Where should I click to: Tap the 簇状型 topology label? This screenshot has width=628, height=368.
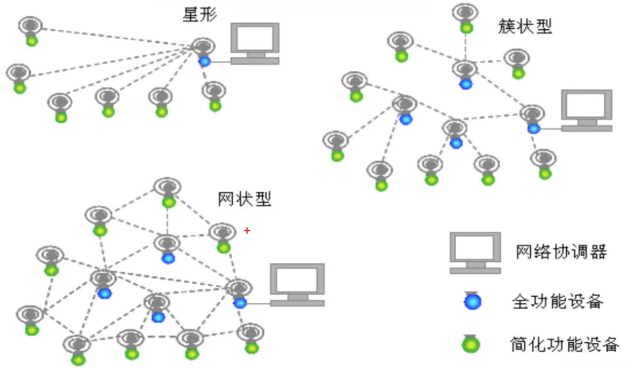[x=525, y=27]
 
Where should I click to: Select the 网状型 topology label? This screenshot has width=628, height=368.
[x=244, y=199]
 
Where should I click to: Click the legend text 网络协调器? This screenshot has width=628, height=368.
[x=561, y=252]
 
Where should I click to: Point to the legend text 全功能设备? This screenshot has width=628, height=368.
[x=557, y=301]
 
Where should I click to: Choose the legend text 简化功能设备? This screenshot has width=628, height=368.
[x=564, y=344]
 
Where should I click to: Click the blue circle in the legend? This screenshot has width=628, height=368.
[x=472, y=301]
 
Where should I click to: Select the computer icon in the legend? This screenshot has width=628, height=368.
[x=475, y=253]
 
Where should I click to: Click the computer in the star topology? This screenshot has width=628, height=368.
[x=255, y=43]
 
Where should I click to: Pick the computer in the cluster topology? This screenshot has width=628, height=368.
[x=587, y=110]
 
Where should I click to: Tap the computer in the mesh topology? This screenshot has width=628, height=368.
[x=297, y=284]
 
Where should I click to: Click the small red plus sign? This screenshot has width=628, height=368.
[x=247, y=231]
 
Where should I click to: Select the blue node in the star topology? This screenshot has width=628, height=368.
[x=204, y=61]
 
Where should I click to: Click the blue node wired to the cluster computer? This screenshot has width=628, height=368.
[x=533, y=129]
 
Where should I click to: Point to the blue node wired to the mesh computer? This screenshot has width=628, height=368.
[x=240, y=303]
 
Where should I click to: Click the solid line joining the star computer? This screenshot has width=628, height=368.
[x=221, y=62]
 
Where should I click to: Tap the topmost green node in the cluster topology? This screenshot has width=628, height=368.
[x=466, y=28]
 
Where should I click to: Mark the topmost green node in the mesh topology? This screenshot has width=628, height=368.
[x=169, y=202]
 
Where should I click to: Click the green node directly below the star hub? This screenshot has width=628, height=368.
[x=215, y=106]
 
